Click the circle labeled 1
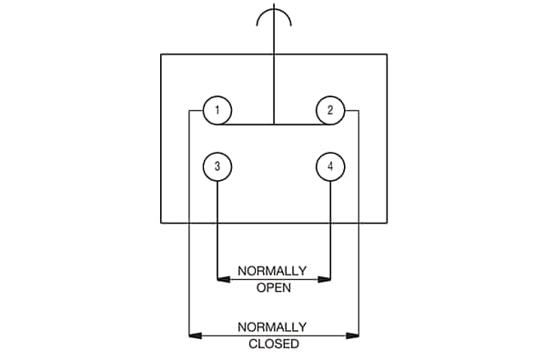coord(217,111)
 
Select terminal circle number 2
coord(330,111)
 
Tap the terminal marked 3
coord(217,167)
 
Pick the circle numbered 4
coord(330,167)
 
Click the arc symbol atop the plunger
coord(274,15)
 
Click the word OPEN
coord(272,289)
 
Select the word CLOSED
coord(273,345)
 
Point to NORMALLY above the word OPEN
coord(272,271)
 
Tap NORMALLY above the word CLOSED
coord(272,326)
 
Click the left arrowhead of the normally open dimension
coord(222,280)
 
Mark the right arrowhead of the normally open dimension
coord(326,280)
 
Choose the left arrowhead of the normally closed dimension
coord(193,335)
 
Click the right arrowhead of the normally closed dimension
coord(354,335)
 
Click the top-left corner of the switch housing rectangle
coord(161,55)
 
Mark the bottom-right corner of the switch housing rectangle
coord(387,222)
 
